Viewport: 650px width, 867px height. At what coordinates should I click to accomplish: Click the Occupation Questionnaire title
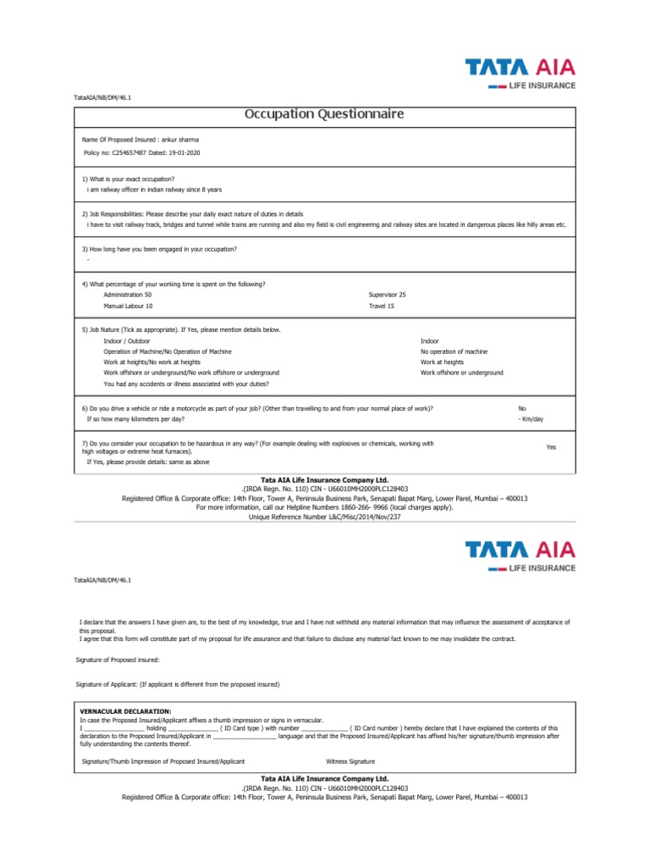tap(324, 113)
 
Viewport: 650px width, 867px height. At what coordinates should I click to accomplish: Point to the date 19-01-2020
tap(185, 152)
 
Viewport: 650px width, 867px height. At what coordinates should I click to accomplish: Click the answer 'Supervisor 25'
tap(388, 294)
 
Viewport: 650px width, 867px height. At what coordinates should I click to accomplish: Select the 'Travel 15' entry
tap(382, 306)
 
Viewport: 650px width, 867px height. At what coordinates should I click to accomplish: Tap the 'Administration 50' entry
tap(128, 294)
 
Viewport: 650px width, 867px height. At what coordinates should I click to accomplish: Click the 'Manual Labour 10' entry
tap(129, 306)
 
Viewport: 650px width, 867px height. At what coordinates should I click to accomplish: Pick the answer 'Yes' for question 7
tap(551, 447)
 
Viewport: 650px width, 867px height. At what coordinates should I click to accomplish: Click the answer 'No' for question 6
tap(522, 408)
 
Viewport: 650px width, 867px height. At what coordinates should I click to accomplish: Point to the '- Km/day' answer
tap(531, 419)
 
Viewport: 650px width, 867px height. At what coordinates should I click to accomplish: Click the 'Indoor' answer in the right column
tap(430, 340)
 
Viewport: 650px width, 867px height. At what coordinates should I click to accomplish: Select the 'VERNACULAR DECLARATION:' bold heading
tap(125, 710)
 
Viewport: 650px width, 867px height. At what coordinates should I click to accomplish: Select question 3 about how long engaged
tap(159, 249)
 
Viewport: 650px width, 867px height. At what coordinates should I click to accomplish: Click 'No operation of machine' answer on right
tap(454, 351)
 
